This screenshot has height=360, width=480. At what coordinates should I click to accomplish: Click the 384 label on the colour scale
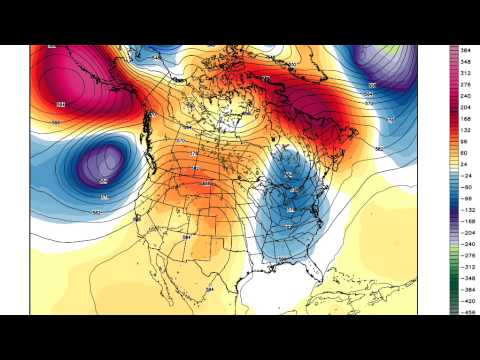[466, 49]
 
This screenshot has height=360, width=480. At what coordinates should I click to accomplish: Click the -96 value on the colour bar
[466, 199]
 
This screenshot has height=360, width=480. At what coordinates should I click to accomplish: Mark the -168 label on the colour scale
[466, 223]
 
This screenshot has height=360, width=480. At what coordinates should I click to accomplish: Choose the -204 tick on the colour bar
[466, 234]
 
